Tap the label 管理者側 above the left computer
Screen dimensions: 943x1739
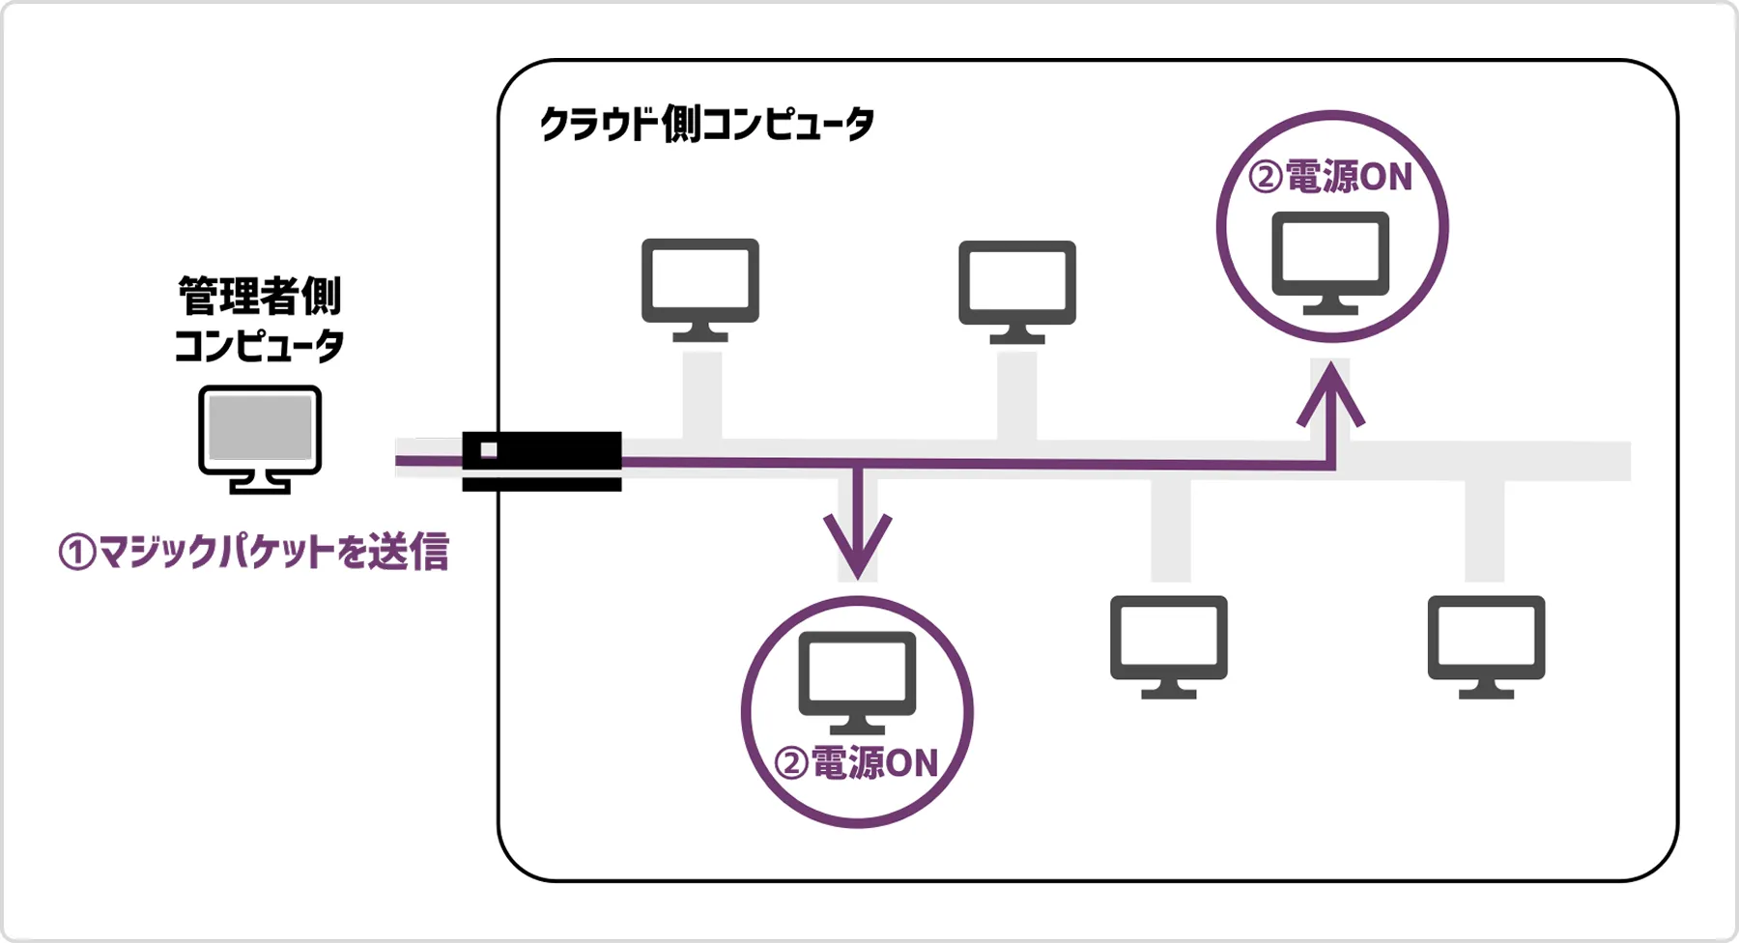coord(260,296)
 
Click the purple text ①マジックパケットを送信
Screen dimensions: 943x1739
coord(254,552)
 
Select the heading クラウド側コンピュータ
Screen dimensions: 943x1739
coord(706,125)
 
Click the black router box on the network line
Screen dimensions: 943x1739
coord(541,460)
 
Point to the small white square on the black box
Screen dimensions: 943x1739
coord(489,450)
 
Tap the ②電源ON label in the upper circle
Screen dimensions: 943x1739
coord(1331,178)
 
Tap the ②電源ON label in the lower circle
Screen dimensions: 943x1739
coord(857,763)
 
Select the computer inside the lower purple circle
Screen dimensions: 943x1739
coord(857,682)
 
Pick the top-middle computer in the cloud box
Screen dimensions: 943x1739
coord(1017,291)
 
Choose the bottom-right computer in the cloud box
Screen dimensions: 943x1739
coord(1486,645)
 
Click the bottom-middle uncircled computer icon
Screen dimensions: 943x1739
coord(1169,645)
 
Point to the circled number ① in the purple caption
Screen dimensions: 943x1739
coord(77,553)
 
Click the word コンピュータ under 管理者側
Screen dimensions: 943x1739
coord(260,346)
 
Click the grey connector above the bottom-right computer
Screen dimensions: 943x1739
coord(1484,531)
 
